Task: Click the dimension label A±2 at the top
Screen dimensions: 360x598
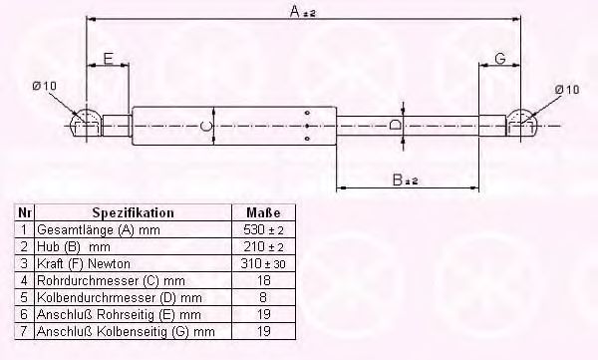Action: [298, 11]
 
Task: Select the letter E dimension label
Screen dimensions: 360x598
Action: [106, 59]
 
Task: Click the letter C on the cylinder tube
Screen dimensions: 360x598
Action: [203, 126]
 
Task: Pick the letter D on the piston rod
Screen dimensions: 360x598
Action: [396, 126]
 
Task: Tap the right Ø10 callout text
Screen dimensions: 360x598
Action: [566, 89]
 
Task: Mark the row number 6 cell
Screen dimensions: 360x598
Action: [23, 313]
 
